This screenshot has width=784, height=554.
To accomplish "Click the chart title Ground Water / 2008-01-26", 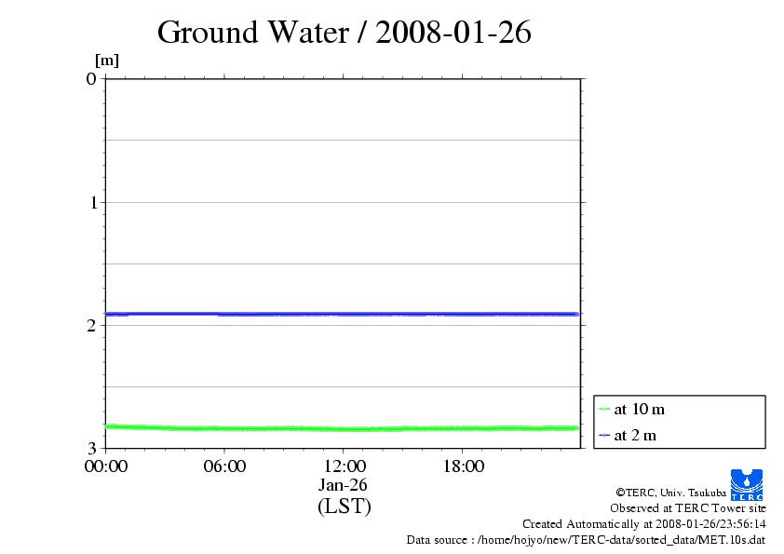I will tap(344, 33).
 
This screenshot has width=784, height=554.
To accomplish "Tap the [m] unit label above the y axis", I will tap(107, 61).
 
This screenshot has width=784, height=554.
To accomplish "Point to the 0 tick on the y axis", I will tap(91, 78).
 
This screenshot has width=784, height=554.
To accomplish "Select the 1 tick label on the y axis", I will tap(91, 202).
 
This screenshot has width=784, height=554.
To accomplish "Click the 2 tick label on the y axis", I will tap(91, 325).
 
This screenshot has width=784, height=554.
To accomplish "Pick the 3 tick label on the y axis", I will tap(91, 448).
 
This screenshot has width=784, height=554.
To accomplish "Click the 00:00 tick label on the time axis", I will tap(105, 466).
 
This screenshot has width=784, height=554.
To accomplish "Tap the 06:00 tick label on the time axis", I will tap(224, 466).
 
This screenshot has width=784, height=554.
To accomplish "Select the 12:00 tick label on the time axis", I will tap(344, 466).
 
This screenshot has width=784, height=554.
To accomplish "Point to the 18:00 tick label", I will tap(463, 466).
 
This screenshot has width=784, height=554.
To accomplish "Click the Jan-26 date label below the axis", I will tap(344, 485).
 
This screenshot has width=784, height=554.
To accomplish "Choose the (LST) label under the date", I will tap(344, 507).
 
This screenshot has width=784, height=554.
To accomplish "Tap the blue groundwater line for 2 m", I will tap(344, 314).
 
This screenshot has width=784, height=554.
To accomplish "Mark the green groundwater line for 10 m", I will tap(344, 428).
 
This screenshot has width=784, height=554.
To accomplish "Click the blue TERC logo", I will tap(746, 483).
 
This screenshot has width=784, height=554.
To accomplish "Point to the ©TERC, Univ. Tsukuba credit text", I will tap(670, 492).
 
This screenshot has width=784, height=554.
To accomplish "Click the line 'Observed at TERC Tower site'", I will tap(688, 508).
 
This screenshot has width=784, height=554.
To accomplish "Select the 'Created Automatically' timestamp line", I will tap(644, 524).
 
